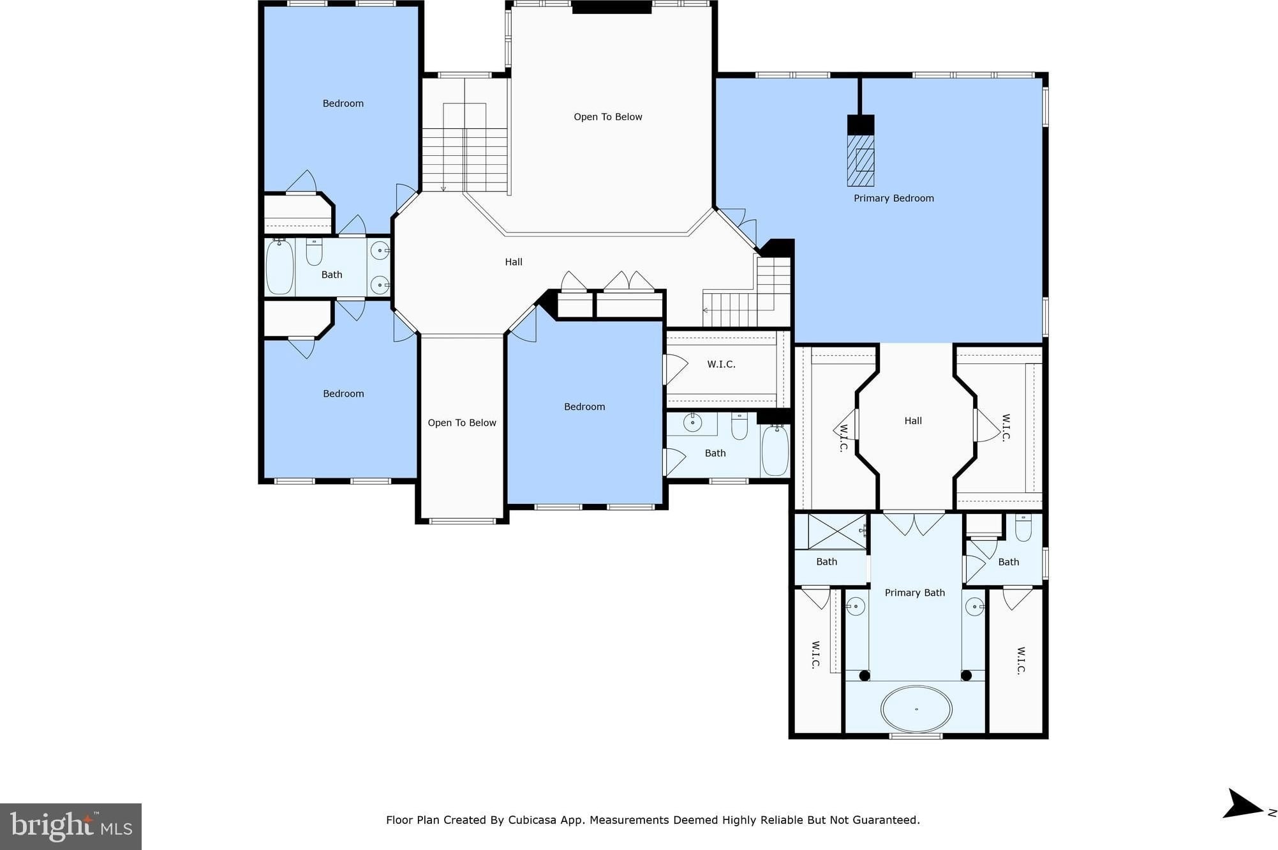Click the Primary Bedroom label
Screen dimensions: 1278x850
click(x=893, y=198)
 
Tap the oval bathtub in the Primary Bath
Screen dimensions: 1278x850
click(x=916, y=709)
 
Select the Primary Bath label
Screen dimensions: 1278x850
click(x=914, y=593)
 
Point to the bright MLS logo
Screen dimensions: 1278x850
click(x=71, y=826)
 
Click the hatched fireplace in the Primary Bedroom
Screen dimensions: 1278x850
click(x=861, y=160)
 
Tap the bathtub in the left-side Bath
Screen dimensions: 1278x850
click(x=279, y=266)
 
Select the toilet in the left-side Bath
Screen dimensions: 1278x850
click(x=314, y=252)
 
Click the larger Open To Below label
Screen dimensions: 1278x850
click(x=607, y=117)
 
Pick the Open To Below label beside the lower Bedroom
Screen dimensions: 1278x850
click(x=462, y=423)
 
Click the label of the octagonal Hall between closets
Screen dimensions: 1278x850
click(x=913, y=421)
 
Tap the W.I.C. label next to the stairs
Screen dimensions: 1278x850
click(x=721, y=364)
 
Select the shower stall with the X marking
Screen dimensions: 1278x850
click(x=837, y=531)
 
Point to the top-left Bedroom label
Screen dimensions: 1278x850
click(x=343, y=103)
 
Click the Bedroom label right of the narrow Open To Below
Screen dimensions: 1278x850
click(x=584, y=407)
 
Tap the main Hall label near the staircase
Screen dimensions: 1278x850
click(x=514, y=262)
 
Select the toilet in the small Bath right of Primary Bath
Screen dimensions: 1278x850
click(x=1023, y=528)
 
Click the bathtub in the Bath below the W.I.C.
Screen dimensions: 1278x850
click(x=775, y=450)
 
